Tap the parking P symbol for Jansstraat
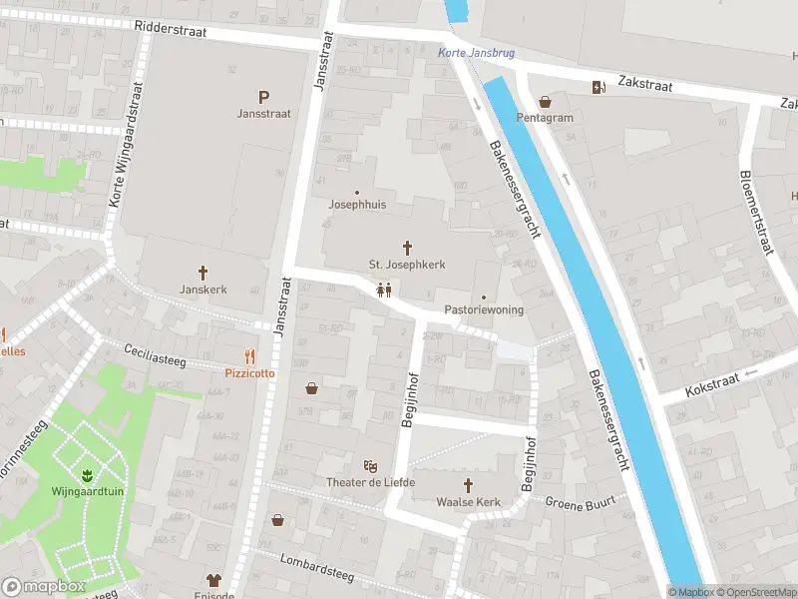tap(264, 97)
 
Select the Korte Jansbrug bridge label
tap(477, 53)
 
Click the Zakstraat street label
tap(644, 85)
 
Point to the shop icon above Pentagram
tap(545, 101)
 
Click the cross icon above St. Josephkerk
tap(407, 247)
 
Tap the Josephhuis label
tap(357, 204)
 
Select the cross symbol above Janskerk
tap(203, 272)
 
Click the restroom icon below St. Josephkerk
tap(384, 291)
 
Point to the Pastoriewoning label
tap(484, 309)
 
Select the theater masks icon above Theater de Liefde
tap(370, 466)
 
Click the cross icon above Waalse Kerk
tap(467, 484)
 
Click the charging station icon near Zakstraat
tap(598, 87)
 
